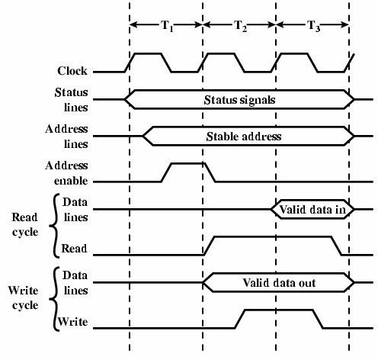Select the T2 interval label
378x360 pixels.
click(x=240, y=25)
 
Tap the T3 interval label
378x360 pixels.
click(x=314, y=25)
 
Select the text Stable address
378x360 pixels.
click(x=244, y=137)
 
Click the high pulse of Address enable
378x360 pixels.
click(x=187, y=163)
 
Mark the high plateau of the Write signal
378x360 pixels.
click(x=278, y=310)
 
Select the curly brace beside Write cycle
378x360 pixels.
click(x=54, y=298)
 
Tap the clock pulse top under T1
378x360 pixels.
click(x=147, y=53)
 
